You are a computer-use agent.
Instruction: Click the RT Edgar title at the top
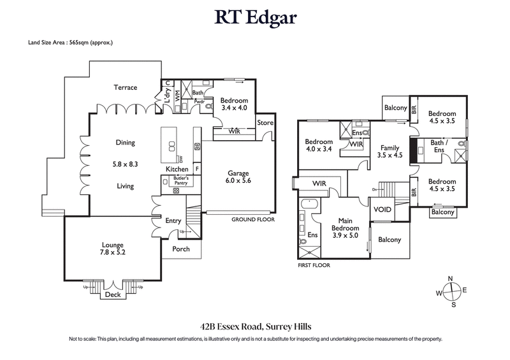tap(254, 17)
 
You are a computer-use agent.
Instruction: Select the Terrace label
tap(126, 87)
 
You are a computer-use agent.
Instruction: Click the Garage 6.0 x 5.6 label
tap(240, 176)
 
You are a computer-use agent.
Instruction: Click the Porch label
tap(181, 248)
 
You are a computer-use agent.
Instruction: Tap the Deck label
tap(112, 295)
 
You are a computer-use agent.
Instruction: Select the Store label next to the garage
tap(265, 122)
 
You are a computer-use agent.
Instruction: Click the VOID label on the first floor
tap(382, 209)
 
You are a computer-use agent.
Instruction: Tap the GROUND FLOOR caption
tap(252, 219)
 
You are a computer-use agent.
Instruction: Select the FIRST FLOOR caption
tap(315, 264)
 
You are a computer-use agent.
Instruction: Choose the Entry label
tap(173, 220)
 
